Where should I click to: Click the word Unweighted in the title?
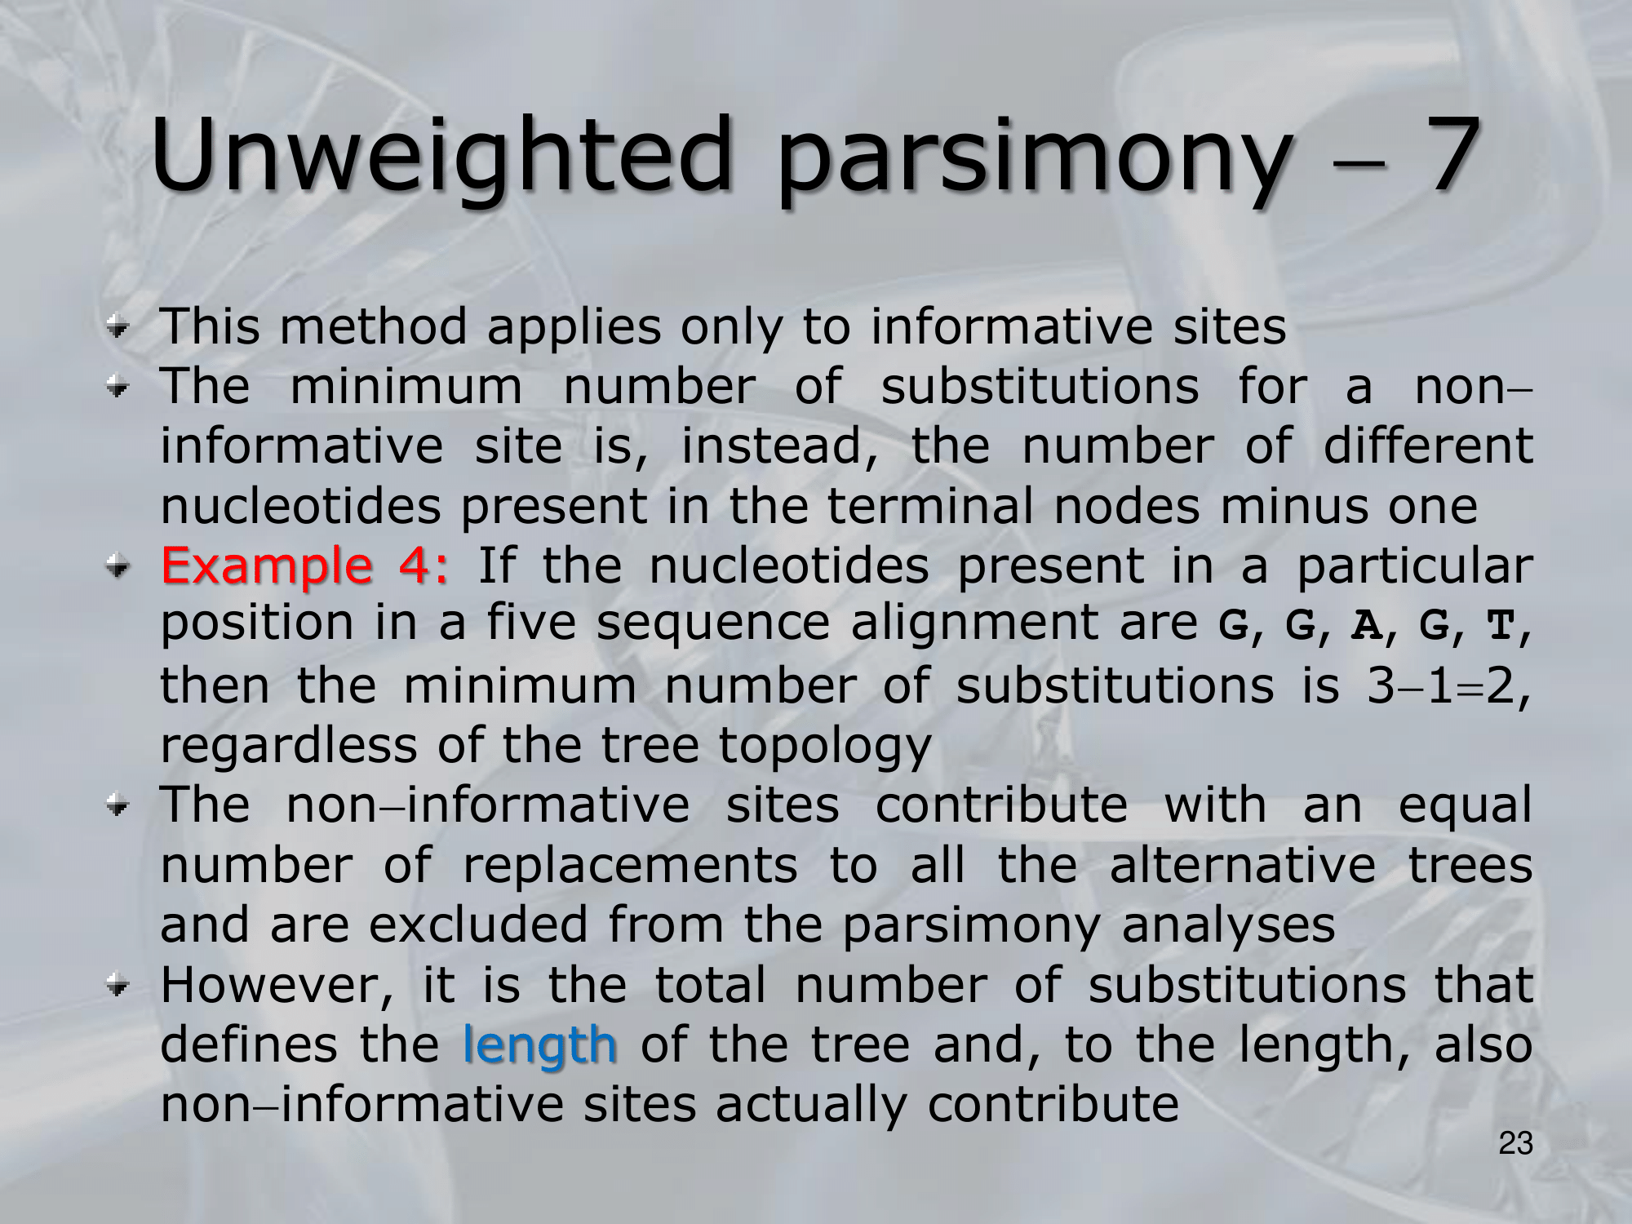(x=441, y=155)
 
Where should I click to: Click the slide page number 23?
(x=1515, y=1144)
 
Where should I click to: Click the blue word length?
(x=539, y=1045)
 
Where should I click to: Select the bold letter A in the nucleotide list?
(x=1367, y=626)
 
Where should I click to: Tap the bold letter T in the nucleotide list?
(x=1500, y=626)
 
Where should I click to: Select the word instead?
(x=778, y=447)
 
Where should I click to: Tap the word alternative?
(x=1242, y=865)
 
